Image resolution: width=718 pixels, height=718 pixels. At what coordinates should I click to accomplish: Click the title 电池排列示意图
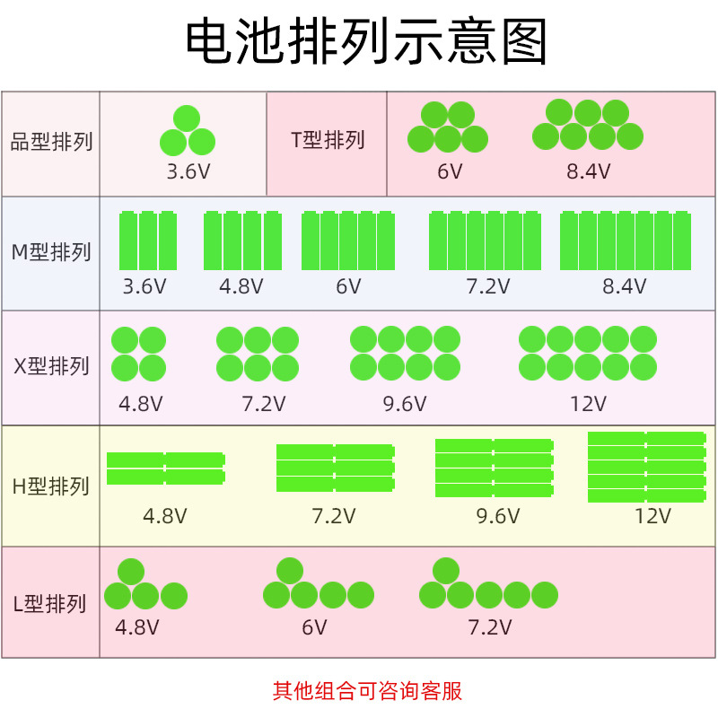click(366, 41)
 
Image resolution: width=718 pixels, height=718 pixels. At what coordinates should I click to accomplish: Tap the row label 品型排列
click(51, 142)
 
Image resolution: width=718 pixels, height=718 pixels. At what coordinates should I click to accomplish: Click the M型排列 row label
click(51, 252)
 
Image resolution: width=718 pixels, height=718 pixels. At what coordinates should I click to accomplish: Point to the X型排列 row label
click(51, 366)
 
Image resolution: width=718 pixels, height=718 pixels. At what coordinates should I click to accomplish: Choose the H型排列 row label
click(51, 486)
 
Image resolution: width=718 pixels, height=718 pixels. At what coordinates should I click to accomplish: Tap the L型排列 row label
click(51, 603)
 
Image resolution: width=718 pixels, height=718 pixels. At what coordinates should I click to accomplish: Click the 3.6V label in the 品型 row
click(188, 171)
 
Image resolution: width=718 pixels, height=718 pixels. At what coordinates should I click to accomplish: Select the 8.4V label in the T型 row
click(588, 171)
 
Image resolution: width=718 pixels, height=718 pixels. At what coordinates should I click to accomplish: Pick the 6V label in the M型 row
click(348, 287)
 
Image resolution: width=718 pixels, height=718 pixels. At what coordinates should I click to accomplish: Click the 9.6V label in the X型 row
click(405, 404)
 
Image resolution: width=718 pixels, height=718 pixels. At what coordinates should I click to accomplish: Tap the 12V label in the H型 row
click(652, 516)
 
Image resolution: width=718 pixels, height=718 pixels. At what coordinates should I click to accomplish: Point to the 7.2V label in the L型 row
click(489, 627)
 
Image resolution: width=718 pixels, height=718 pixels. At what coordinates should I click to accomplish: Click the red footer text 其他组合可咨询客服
click(367, 691)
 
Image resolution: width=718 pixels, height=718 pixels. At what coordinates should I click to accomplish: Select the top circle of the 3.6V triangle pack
click(187, 118)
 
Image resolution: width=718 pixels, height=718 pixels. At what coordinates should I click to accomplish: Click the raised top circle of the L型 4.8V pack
click(131, 572)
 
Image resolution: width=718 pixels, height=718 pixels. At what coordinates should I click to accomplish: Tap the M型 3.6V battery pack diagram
click(148, 241)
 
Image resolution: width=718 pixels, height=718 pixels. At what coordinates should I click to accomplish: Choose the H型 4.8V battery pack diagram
click(166, 468)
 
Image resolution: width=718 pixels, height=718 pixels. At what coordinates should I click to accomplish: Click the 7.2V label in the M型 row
click(487, 287)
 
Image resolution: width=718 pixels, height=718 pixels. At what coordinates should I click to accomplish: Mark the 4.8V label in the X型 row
click(141, 404)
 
